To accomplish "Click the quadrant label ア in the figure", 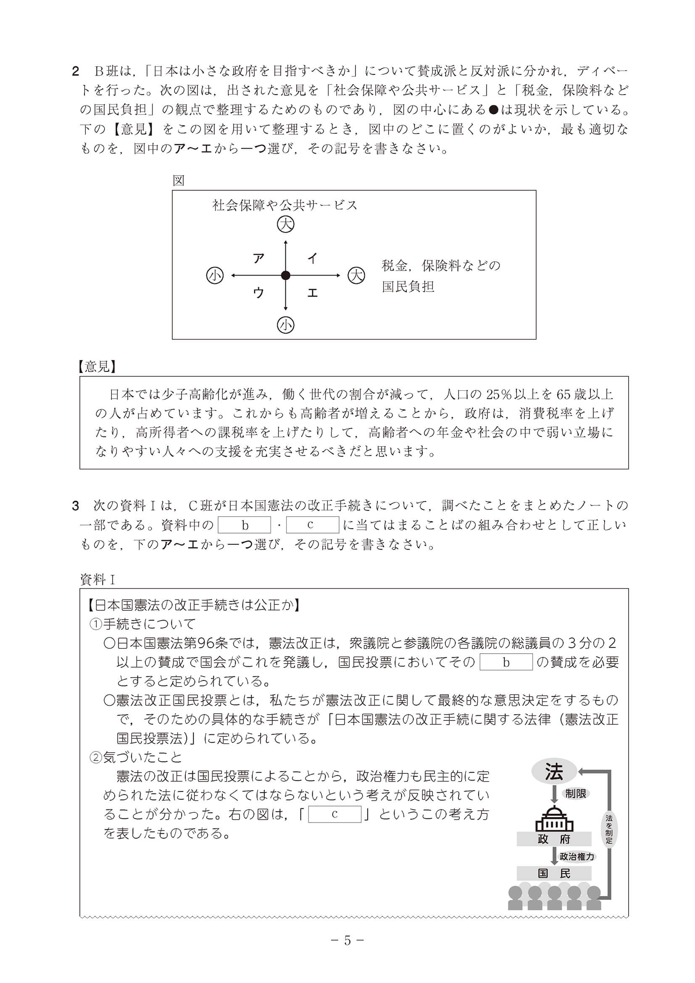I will pyautogui.click(x=258, y=258).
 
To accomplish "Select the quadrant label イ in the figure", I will pyautogui.click(x=313, y=258).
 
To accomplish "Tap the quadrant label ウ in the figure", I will pyautogui.click(x=258, y=293).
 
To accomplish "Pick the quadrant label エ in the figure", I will pyautogui.click(x=313, y=293).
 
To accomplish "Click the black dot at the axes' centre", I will pyautogui.click(x=286, y=275).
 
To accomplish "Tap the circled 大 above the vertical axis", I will pyautogui.click(x=286, y=224).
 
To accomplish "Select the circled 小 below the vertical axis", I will pyautogui.click(x=286, y=326).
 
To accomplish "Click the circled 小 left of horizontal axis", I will pyautogui.click(x=215, y=275).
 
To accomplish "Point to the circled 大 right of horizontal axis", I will pyautogui.click(x=356, y=275).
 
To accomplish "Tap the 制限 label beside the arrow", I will pyautogui.click(x=575, y=794).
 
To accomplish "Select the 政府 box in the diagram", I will pyautogui.click(x=554, y=839).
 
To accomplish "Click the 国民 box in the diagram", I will pyautogui.click(x=554, y=873).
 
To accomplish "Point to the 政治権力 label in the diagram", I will pyautogui.click(x=577, y=856).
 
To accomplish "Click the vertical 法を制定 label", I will pyautogui.click(x=609, y=829).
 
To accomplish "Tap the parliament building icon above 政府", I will pyautogui.click(x=554, y=818).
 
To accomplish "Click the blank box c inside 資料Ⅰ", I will pyautogui.click(x=335, y=814).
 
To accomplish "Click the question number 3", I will pyautogui.click(x=76, y=506).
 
